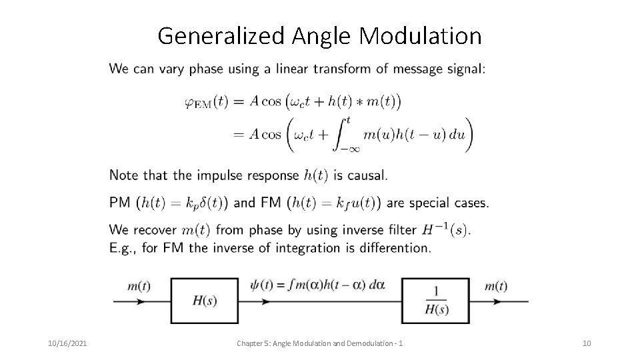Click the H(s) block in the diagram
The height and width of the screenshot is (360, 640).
tap(204, 300)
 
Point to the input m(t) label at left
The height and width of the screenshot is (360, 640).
tap(139, 286)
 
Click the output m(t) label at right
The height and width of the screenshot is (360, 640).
tap(496, 286)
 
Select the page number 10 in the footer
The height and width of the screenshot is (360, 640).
tap(587, 343)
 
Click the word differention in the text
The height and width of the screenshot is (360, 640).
tap(395, 248)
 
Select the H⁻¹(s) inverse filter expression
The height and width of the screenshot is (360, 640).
tap(445, 230)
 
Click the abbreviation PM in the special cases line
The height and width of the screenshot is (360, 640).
tap(120, 203)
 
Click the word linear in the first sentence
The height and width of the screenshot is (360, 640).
tap(288, 68)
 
